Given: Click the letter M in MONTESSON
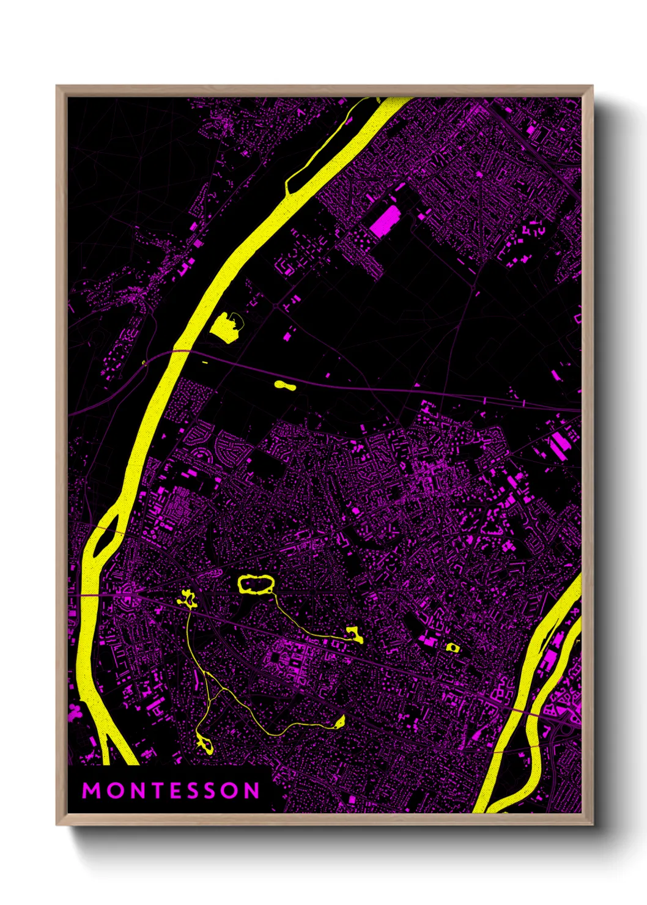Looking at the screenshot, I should (x=91, y=791).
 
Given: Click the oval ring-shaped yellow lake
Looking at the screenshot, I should (x=256, y=585).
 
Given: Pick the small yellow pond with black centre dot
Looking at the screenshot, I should (x=453, y=647).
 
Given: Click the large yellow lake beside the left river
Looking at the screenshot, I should (x=226, y=325).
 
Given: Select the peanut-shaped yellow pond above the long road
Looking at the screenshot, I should (x=284, y=385).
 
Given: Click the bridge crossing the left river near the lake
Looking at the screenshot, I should (x=180, y=350).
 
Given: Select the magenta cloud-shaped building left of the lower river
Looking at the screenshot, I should (x=75, y=711).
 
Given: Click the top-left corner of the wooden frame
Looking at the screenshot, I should (x=57, y=86).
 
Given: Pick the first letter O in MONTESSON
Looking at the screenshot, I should (x=113, y=791).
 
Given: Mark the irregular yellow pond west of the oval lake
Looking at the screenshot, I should (x=187, y=598).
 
